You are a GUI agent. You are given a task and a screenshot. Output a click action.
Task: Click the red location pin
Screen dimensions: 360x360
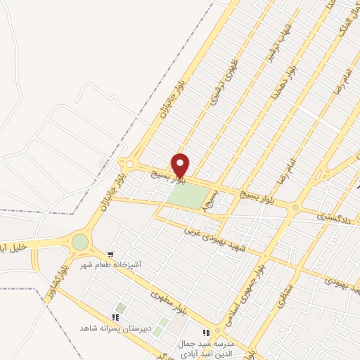[x=181, y=165]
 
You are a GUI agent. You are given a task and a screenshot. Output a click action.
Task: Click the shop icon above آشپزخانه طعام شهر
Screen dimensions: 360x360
[x=111, y=254]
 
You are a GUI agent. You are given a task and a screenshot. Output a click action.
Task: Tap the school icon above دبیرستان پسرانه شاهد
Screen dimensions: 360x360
[x=117, y=316]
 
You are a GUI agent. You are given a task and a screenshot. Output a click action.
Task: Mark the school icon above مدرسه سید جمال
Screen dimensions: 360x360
[x=207, y=332]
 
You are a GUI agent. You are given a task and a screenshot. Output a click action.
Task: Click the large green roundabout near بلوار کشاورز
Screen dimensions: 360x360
[x=80, y=242]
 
